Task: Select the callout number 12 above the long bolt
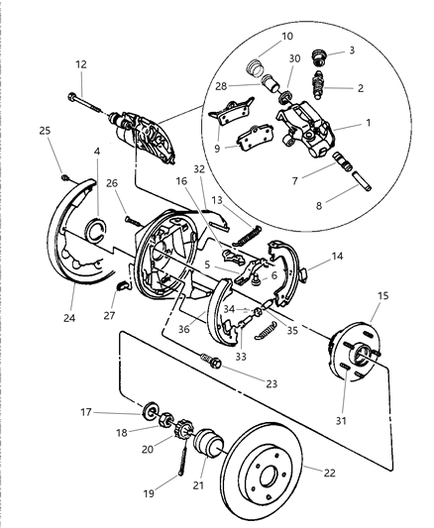coord(80,64)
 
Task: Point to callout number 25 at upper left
coord(44,131)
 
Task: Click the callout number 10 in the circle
coord(287,36)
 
